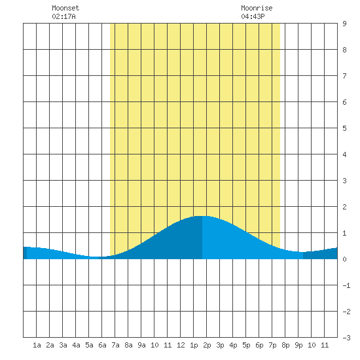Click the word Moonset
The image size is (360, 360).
coord(65,8)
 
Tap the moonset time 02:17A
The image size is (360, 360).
coord(63,16)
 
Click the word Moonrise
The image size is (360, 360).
coord(257,8)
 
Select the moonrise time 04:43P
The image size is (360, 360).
coord(253,16)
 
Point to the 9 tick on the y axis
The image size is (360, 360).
coord(344,24)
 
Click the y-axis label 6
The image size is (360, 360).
coord(344,102)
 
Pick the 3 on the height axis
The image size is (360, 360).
coord(344,181)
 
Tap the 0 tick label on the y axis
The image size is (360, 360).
coord(344,259)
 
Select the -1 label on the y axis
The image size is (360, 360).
coord(346,285)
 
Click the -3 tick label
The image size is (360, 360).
coord(346,338)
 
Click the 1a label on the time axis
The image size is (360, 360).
coord(37,345)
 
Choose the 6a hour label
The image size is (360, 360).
coord(102,345)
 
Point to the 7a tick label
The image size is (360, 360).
coord(115,345)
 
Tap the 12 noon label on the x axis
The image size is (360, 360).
coord(181,345)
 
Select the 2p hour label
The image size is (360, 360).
coord(207,345)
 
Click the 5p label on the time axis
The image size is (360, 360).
coord(246,345)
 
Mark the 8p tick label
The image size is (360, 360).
coord(285,345)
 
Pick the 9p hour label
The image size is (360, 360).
coord(298,345)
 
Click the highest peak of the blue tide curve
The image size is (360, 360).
coord(202,216)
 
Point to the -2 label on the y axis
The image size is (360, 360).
coord(346,312)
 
